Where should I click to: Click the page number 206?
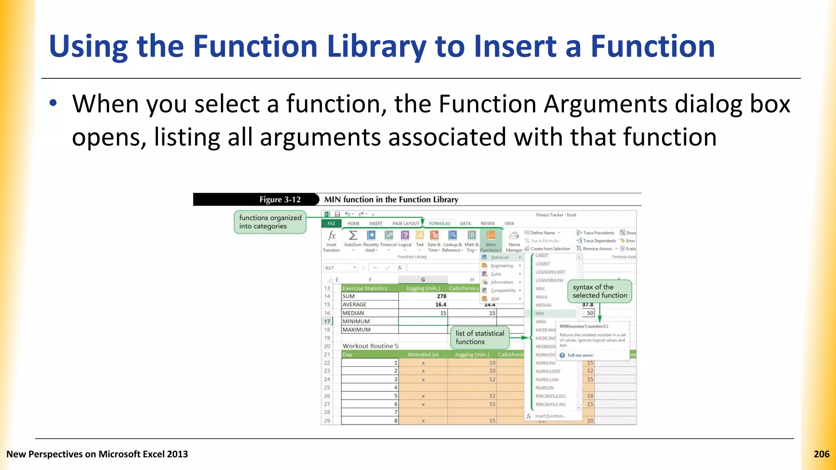821,454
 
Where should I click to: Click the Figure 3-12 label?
280,200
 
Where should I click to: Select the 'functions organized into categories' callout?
270,222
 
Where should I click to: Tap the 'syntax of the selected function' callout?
599,291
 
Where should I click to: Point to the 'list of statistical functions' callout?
480,337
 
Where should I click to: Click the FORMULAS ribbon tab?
439,224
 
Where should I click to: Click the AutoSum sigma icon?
353,236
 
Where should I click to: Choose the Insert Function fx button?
331,241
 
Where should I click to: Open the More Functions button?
491,241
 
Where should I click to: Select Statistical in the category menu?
500,257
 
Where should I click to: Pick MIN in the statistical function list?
540,313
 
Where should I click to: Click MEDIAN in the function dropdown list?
543,305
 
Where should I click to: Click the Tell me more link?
580,355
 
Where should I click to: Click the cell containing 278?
423,296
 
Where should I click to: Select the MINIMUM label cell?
369,321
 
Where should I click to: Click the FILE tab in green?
331,224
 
